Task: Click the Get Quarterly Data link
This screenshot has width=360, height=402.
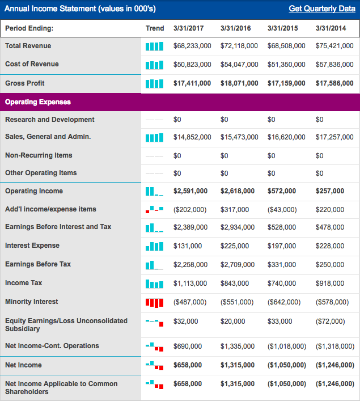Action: pyautogui.click(x=322, y=9)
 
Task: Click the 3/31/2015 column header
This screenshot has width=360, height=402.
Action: pyautogui.click(x=283, y=28)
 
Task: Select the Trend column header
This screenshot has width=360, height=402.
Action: pyautogui.click(x=155, y=28)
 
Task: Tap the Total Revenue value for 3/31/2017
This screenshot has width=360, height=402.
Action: pyautogui.click(x=192, y=46)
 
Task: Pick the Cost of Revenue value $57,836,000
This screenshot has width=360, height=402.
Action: pyautogui.click(x=334, y=64)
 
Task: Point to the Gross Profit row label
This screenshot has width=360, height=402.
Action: pyautogui.click(x=25, y=83)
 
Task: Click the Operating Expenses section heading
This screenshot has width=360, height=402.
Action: pyautogui.click(x=37, y=102)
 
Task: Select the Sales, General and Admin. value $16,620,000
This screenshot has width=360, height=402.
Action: pyautogui.click(x=286, y=137)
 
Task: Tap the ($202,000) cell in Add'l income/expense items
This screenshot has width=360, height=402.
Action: pyautogui.click(x=189, y=209)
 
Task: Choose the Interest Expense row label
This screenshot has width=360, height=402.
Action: pyautogui.click(x=32, y=246)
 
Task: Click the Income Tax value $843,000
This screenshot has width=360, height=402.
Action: pyautogui.click(x=234, y=283)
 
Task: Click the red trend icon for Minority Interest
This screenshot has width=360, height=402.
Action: pyautogui.click(x=154, y=302)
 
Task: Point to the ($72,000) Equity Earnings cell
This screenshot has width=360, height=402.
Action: pyautogui.click(x=330, y=321)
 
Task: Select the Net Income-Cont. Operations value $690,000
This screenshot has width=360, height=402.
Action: pyautogui.click(x=187, y=346)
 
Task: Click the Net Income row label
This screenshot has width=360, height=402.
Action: pyautogui.click(x=23, y=365)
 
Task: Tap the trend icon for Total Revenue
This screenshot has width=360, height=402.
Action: pyautogui.click(x=154, y=46)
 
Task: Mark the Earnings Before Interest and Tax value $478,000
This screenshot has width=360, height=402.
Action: pyautogui.click(x=329, y=227)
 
